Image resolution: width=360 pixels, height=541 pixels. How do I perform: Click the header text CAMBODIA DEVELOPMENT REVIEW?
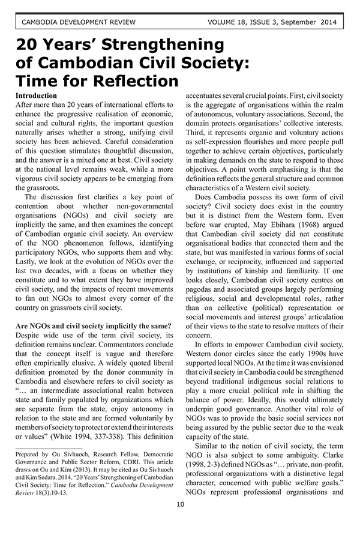point(78,23)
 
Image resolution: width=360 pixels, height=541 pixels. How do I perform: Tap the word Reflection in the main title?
point(130,80)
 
